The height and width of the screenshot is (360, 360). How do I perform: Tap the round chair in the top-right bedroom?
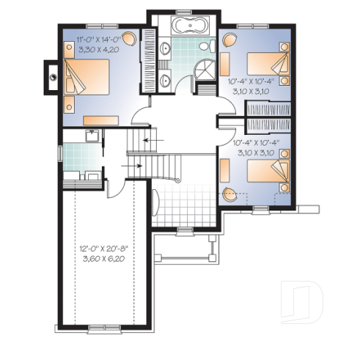pyautogui.click(x=228, y=40)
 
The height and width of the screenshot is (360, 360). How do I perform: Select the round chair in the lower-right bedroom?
pyautogui.click(x=230, y=195)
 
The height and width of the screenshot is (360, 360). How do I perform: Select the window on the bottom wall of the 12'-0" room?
pyautogui.click(x=106, y=325)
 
